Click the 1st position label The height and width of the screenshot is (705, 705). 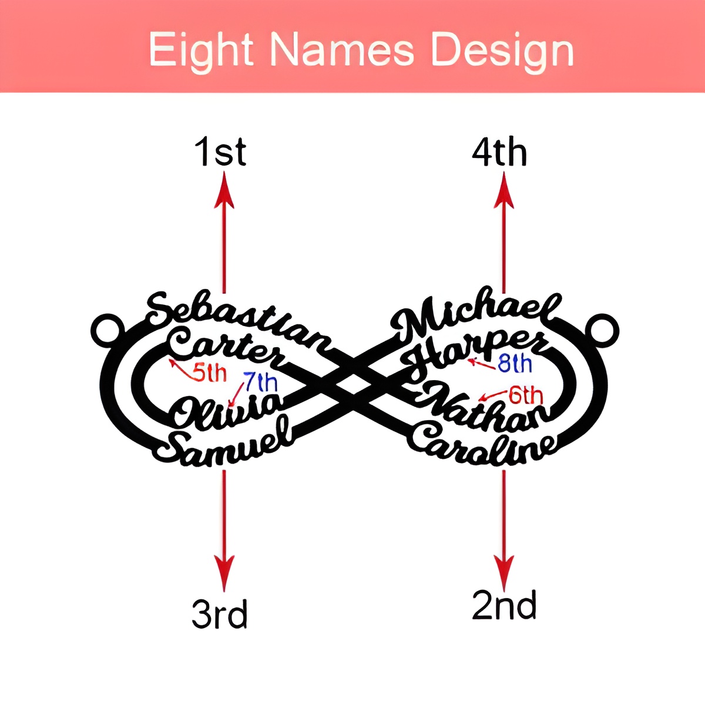[220, 153]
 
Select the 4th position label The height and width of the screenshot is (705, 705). [499, 153]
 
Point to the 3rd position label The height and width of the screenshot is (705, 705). [220, 614]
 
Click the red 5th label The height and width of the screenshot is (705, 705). [209, 373]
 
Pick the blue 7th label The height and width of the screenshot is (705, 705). [260, 383]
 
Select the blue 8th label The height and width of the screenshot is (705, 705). [515, 364]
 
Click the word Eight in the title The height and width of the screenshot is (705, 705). [201, 51]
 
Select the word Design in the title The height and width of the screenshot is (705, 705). [502, 52]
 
